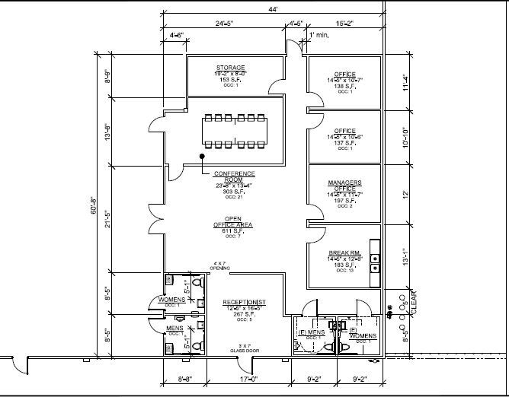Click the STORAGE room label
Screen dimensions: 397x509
(230, 68)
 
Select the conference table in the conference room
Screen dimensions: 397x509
(234, 131)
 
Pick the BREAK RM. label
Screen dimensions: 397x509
(344, 252)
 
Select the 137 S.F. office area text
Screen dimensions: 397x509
(344, 142)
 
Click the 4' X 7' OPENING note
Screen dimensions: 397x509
(221, 266)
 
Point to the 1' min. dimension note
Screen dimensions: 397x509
(320, 36)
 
